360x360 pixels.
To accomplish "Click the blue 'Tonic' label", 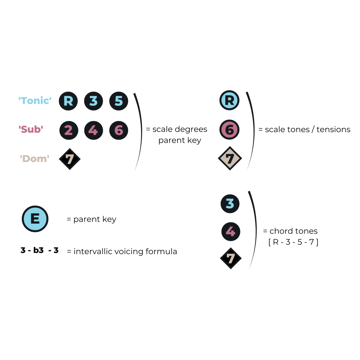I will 35,101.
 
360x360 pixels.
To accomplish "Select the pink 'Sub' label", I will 31,130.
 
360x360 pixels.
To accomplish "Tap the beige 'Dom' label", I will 34,159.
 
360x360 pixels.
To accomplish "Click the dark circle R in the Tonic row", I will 68,101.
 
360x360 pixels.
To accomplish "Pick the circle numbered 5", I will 119,101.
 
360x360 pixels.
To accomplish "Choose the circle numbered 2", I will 68,130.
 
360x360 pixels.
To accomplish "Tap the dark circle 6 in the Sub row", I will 119,130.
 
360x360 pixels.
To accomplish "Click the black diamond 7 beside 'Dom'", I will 70,159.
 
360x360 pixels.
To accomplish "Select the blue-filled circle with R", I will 229,101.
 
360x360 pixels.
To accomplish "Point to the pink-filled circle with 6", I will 229,130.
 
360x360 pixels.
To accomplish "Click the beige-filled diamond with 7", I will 230,159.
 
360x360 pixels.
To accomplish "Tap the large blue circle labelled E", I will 35,219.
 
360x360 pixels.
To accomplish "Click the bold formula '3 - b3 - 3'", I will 39,251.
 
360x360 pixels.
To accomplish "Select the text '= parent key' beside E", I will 91,219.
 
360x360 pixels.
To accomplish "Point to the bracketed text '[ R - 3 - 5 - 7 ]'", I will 293,242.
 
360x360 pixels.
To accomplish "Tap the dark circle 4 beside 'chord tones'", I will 230,231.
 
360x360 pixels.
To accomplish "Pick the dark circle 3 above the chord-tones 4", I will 230,204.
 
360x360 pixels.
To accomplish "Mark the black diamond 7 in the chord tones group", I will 231,258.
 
